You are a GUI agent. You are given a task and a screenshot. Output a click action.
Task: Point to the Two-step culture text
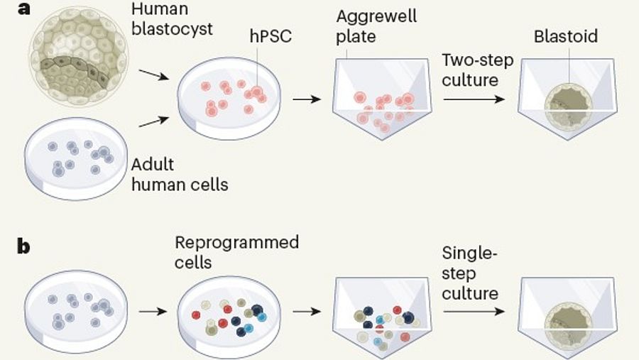470,69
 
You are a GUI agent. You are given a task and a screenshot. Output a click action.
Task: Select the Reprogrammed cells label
236,252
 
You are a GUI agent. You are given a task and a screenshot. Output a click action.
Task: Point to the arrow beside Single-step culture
474,310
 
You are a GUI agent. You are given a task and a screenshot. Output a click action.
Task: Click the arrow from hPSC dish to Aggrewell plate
305,99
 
